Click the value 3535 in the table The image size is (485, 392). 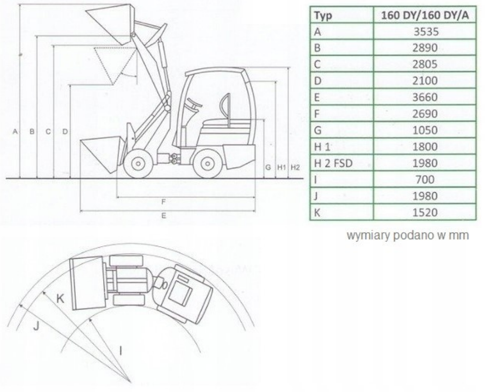426,32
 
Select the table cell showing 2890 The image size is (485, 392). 425,47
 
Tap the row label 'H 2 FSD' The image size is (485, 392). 333,163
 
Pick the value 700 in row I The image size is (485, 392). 425,179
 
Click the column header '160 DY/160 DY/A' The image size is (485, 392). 425,15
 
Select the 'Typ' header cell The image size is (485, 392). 342,15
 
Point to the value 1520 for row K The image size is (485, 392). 425,212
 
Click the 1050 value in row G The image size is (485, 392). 425,130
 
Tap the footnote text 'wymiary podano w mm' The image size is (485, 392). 407,235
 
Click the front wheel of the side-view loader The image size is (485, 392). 138,163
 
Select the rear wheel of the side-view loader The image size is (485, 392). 207,163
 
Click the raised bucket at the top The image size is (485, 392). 111,24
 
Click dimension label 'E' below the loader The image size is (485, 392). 163,216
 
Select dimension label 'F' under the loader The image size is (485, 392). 163,202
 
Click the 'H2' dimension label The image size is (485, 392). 295,168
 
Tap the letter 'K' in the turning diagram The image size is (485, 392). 60,299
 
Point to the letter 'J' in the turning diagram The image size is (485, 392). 36,326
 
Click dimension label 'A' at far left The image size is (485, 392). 15,131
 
